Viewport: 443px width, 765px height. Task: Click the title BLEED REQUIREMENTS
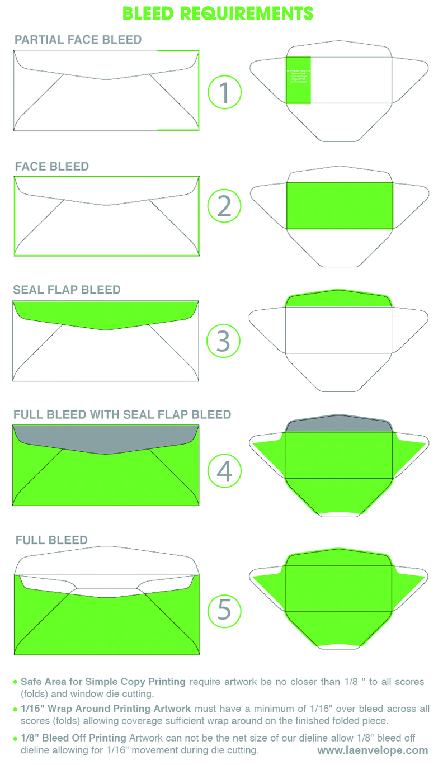[x=218, y=13]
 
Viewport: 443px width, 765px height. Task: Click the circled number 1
[x=224, y=93]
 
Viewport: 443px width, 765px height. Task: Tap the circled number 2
[x=224, y=206]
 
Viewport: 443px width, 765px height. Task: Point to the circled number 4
[x=224, y=470]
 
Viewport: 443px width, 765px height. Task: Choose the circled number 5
[x=224, y=610]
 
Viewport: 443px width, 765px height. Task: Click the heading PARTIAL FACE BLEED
[x=78, y=40]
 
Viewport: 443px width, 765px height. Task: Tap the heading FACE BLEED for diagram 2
[x=51, y=167]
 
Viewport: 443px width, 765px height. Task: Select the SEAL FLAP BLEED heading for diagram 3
[x=67, y=290]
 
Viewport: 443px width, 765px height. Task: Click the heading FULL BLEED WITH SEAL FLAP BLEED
[x=122, y=414]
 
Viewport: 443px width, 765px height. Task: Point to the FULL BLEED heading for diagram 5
[x=51, y=540]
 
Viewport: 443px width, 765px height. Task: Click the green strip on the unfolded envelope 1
[x=298, y=80]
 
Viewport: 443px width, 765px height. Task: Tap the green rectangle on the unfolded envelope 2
[x=340, y=206]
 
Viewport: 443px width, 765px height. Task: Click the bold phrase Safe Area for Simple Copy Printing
[x=103, y=682]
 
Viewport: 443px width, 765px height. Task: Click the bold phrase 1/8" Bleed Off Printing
[x=69, y=738]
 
